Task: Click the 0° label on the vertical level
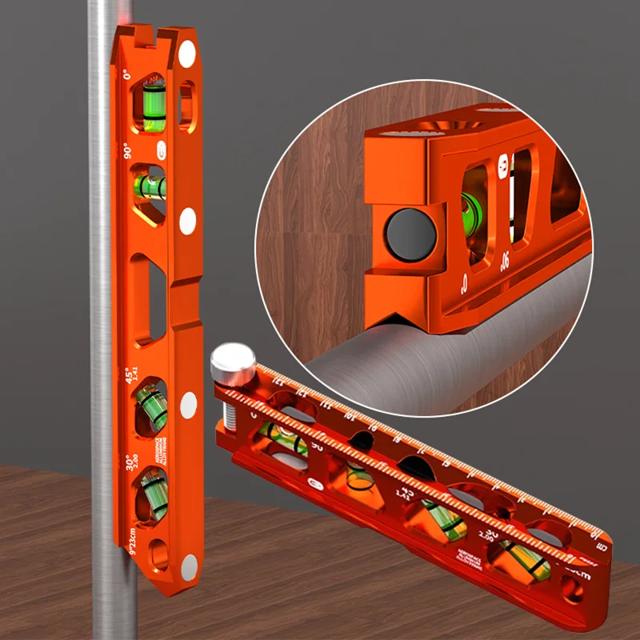(128, 76)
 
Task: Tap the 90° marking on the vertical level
(127, 152)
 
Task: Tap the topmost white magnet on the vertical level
(186, 54)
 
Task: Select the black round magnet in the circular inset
(410, 234)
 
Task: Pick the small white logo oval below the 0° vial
(162, 150)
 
